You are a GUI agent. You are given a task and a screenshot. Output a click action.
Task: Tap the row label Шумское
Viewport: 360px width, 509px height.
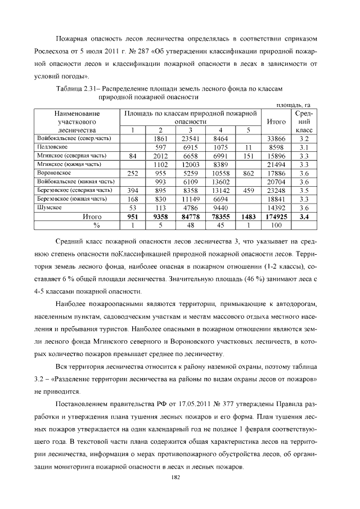click(48, 207)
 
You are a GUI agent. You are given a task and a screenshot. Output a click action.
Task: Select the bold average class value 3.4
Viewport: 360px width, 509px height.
click(305, 216)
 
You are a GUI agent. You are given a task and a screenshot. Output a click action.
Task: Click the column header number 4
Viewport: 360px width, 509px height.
click(220, 130)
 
